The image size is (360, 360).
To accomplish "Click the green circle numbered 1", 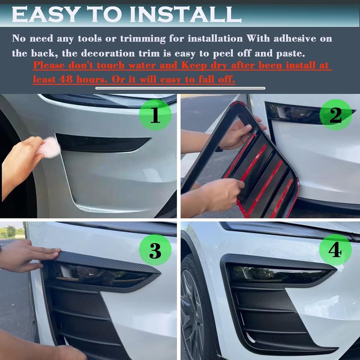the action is pos(155,115).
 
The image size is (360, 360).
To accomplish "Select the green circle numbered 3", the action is pos(155,249).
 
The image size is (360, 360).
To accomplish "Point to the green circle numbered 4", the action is pos(335,249).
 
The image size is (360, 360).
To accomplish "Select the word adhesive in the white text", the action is pos(295,38).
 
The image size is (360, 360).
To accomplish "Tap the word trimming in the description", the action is pos(143,39).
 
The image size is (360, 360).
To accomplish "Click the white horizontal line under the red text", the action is pos(180,88).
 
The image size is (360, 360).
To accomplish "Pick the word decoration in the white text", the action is pos(108,53).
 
